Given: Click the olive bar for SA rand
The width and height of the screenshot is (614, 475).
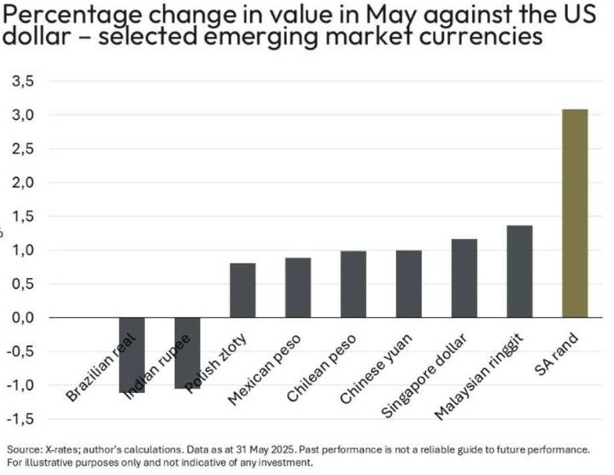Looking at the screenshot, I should tap(575, 213).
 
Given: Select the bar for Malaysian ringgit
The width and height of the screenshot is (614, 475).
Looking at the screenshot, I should tap(519, 272).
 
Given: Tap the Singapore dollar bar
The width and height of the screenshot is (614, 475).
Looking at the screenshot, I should tap(464, 278).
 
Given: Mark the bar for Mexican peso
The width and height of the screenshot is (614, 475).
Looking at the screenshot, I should tap(298, 288).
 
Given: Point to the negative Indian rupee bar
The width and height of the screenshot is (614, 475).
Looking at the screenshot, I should tap(187, 353).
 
